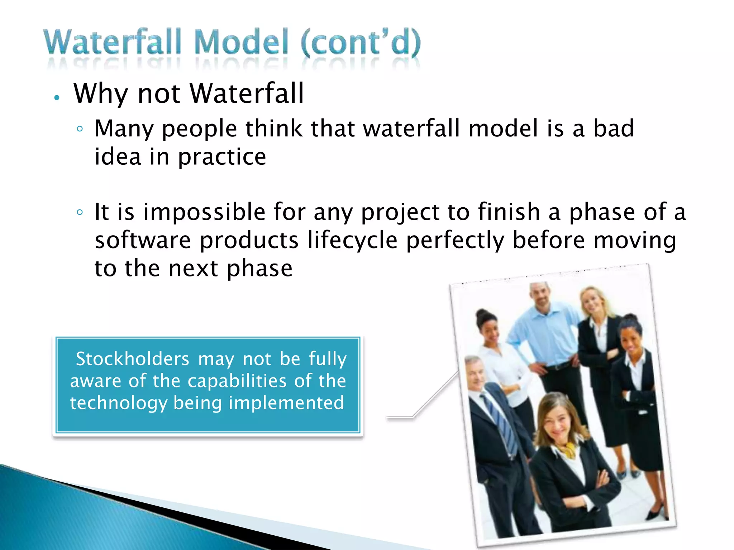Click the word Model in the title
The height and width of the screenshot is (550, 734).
[x=241, y=43]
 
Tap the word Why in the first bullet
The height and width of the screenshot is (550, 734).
[x=101, y=94]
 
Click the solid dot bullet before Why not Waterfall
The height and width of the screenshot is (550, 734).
[x=56, y=97]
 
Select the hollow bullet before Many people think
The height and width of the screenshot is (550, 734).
[x=80, y=129]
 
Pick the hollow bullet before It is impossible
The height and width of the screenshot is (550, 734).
[x=80, y=212]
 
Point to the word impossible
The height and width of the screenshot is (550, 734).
[x=204, y=212]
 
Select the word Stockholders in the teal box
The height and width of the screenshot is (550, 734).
[x=132, y=359]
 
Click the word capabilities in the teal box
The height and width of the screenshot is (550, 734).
[x=237, y=381]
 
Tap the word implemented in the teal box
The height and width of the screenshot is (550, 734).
[x=286, y=403]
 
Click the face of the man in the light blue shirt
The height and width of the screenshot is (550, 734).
[x=542, y=297]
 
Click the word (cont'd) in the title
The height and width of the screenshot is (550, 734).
[x=361, y=43]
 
